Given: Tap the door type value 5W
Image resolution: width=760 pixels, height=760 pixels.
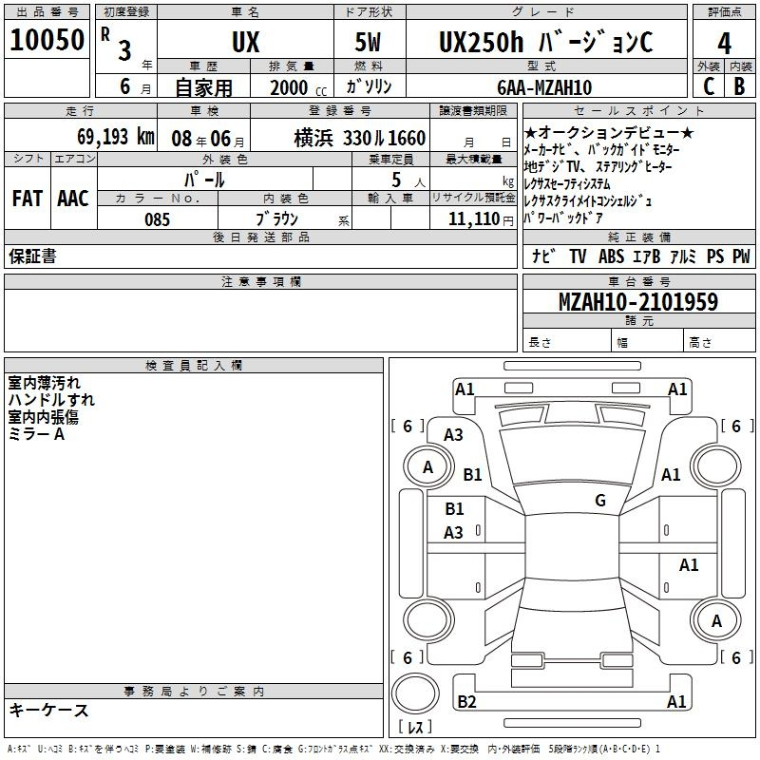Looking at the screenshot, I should (370, 43).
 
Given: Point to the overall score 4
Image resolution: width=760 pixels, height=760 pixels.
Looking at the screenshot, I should (724, 43).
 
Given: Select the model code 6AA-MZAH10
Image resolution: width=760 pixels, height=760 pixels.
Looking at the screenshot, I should (544, 87).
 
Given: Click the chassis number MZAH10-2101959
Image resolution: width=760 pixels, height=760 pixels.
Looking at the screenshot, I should (637, 302).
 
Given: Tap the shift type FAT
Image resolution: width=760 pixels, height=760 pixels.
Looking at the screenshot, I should (27, 198).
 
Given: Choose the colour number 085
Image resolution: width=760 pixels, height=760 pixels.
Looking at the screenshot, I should (157, 219).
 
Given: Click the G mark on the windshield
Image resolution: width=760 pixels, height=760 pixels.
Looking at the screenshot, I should (600, 500).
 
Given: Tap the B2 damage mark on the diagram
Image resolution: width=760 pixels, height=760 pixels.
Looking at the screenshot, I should (466, 702).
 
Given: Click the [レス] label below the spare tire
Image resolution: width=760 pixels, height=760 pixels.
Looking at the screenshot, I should (415, 728).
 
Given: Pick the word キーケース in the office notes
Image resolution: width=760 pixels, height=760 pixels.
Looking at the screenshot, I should (48, 710).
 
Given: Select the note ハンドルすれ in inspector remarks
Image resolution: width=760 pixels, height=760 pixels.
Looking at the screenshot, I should (51, 400).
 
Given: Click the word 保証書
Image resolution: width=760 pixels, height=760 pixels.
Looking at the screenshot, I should (32, 256).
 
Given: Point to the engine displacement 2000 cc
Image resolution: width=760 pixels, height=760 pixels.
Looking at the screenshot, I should (297, 87).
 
